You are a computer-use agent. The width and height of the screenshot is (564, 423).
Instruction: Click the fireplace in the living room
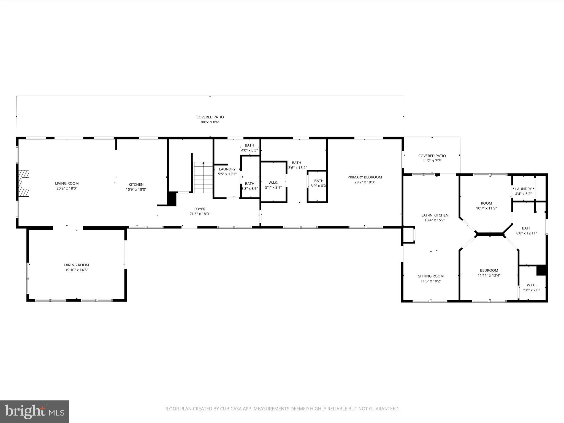(x=24, y=183)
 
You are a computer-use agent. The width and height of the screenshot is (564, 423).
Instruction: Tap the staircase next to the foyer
(x=203, y=178)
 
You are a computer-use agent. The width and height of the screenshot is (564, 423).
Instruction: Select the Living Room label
(x=67, y=183)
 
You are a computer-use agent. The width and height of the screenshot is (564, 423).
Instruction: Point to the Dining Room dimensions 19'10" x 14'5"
(x=77, y=270)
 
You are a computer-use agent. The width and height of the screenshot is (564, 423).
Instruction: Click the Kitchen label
(x=136, y=185)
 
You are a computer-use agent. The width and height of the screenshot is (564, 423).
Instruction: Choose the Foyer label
(x=200, y=209)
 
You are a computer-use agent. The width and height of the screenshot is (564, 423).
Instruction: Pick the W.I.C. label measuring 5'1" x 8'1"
(x=273, y=183)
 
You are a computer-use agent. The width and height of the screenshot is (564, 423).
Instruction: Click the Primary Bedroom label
(x=365, y=177)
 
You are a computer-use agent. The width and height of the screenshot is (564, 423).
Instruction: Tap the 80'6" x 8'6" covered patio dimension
(x=210, y=122)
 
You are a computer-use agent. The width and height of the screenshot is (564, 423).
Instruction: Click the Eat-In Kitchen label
(x=435, y=215)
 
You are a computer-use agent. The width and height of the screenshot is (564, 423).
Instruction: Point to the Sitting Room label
(x=431, y=276)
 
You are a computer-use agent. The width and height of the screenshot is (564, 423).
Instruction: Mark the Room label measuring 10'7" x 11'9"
(x=486, y=204)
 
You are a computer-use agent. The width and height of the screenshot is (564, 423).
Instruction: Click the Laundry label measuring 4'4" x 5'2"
(x=523, y=189)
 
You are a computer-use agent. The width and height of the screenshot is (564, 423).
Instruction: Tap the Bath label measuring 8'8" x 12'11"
(x=527, y=228)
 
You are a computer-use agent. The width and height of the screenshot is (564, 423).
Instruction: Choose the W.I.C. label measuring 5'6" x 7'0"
(x=532, y=285)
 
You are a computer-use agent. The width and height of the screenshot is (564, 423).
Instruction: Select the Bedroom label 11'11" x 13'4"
(x=489, y=270)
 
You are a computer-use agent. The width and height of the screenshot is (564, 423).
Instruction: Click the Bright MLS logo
(x=34, y=412)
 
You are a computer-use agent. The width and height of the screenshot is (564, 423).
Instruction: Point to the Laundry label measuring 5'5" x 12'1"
(x=227, y=169)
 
